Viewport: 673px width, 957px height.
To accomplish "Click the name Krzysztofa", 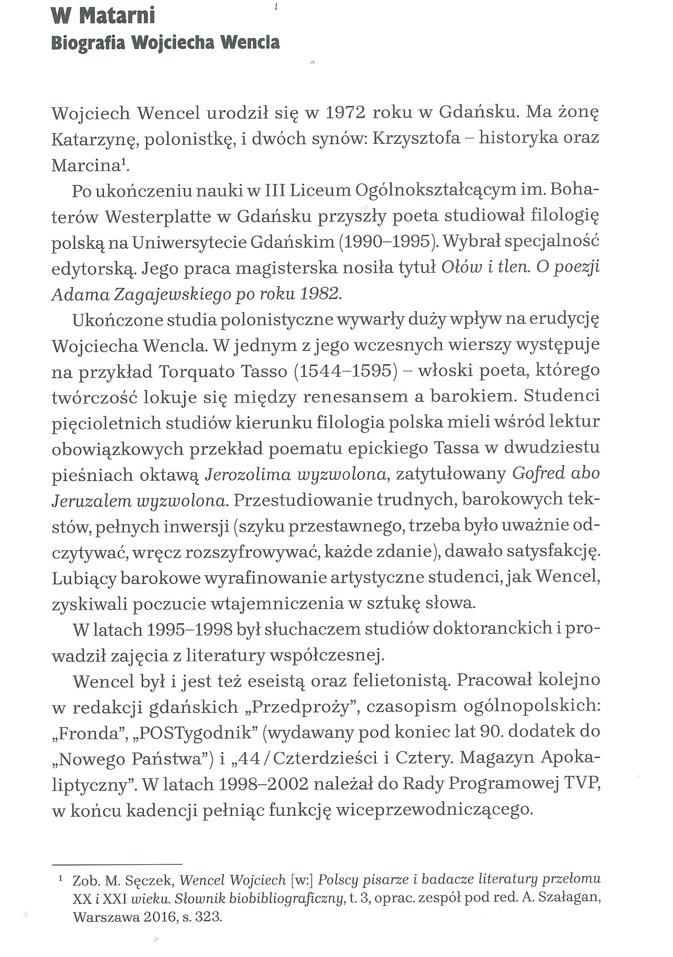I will pos(417,139).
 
